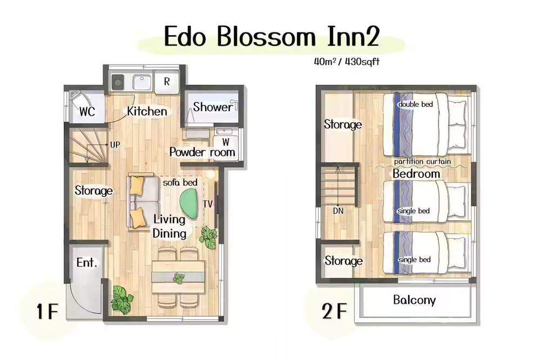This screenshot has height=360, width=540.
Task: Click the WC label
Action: [87, 112]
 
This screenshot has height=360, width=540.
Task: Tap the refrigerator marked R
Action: [167, 81]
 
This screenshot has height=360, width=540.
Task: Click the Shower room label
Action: [212, 107]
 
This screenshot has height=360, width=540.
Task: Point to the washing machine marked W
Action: [225, 142]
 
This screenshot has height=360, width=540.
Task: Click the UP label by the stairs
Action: [115, 145]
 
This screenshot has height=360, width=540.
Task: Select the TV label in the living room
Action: [208, 205]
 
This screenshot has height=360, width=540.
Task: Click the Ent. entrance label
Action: [86, 263]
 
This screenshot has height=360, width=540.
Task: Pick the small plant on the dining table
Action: [178, 277]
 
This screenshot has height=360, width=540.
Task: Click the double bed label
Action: [415, 104]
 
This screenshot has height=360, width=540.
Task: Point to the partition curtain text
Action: [422, 161]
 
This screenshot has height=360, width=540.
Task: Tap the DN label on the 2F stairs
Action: [338, 210]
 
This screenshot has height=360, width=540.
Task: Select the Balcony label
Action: [414, 300]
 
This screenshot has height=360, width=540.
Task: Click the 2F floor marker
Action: [334, 311]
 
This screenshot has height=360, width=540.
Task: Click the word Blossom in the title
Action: [266, 37]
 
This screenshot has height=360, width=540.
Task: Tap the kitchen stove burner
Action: [118, 82]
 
